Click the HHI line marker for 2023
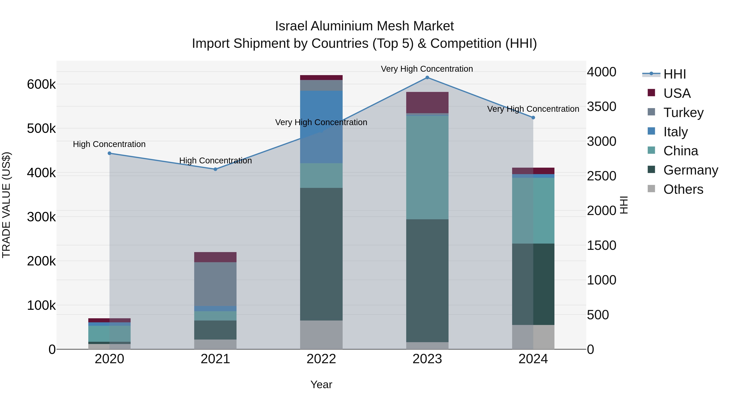tap(427, 78)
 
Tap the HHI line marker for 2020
tap(110, 153)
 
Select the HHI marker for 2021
tap(215, 169)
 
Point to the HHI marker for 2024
tap(533, 117)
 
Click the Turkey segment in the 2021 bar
tap(215, 284)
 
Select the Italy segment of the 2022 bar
tap(321, 127)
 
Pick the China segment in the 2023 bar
tap(427, 167)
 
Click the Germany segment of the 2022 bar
tap(321, 254)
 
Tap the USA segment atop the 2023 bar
tap(427, 102)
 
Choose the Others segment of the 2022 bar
tap(321, 335)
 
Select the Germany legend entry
tap(690, 170)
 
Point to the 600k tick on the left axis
tap(41, 84)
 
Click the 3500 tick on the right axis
tap(601, 107)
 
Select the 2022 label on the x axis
tap(321, 359)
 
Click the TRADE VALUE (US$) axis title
tap(6, 205)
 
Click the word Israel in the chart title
tap(291, 26)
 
